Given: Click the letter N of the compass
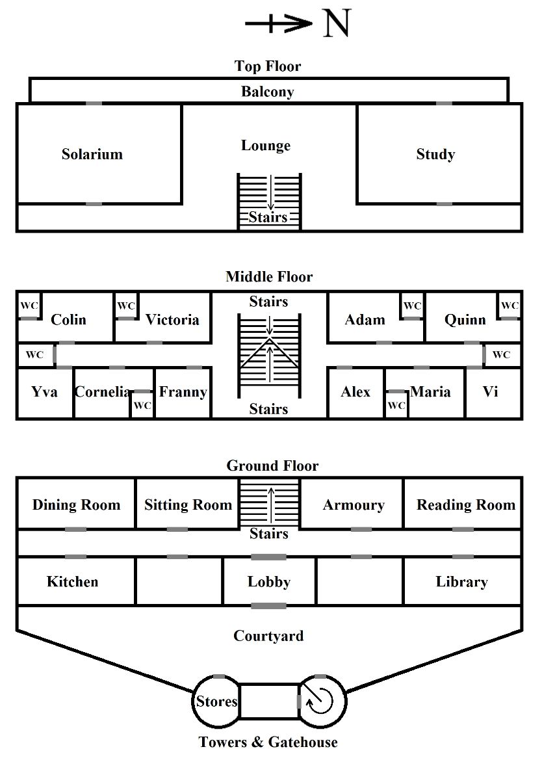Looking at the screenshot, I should pos(337,24).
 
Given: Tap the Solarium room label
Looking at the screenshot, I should pos(92,154).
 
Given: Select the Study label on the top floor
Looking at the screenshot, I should pos(435,154).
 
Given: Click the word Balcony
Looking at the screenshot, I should pos(268,92).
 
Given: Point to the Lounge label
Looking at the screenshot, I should pos(266,146).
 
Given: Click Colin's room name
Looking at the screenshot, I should pos(68,319).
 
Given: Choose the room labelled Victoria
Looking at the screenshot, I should pos(172,319).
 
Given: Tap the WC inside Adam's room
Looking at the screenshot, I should pos(412,306).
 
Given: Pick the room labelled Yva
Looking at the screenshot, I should pos(44,391).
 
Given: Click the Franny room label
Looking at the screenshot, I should pos(183,391).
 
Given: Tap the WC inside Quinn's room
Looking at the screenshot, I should pos(510,306).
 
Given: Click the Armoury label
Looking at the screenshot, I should pos(354,505).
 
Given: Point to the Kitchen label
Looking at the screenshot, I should pos(73,581).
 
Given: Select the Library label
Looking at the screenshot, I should pos(461,581).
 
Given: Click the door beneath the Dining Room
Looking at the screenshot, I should pos(76,530).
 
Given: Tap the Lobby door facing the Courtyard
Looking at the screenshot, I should pos(268,606).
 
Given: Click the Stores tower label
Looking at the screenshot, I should pos(216,701).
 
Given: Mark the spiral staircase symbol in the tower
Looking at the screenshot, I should pos(321,700).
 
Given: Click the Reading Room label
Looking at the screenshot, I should pos(465,505).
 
